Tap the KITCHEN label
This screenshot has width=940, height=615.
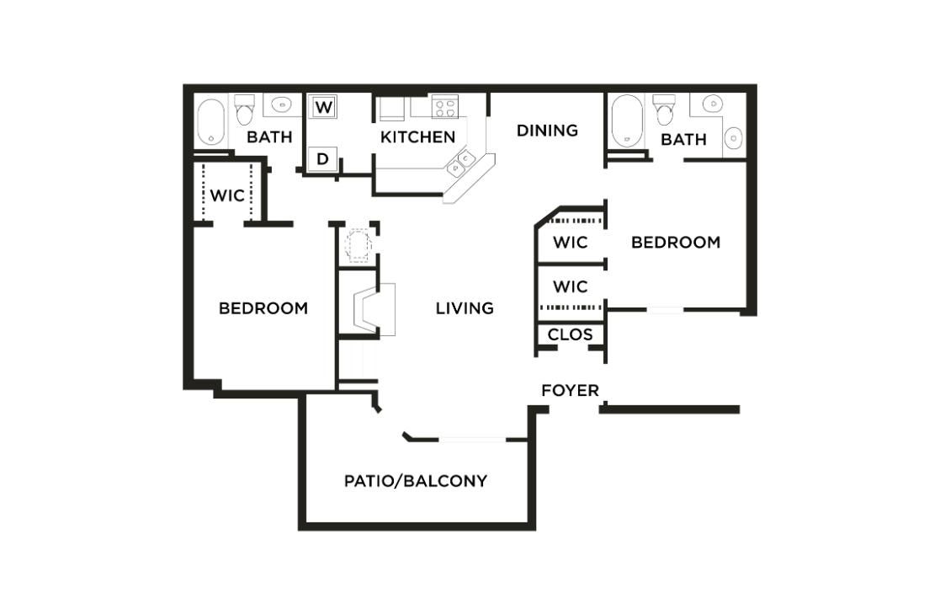coord(418,136)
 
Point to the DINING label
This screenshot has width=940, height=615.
coord(547,130)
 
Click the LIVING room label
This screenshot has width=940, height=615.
coord(465,308)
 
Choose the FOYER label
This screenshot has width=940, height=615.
coord(570,390)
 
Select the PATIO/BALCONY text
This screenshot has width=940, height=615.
coord(416,481)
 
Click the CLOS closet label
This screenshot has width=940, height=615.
coord(570,334)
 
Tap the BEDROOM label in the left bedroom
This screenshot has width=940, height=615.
coord(263,308)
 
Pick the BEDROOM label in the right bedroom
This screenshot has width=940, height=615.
coord(676,243)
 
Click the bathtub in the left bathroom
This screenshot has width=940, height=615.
coord(210,123)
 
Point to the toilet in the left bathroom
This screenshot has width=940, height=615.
coord(245,110)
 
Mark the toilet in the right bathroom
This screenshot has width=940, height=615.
coord(665,109)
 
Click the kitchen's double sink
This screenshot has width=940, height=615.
coord(461,163)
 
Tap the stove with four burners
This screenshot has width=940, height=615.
coord(444,107)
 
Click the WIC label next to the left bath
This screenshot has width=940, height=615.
coord(227,195)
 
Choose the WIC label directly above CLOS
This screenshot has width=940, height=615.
coord(570,287)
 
